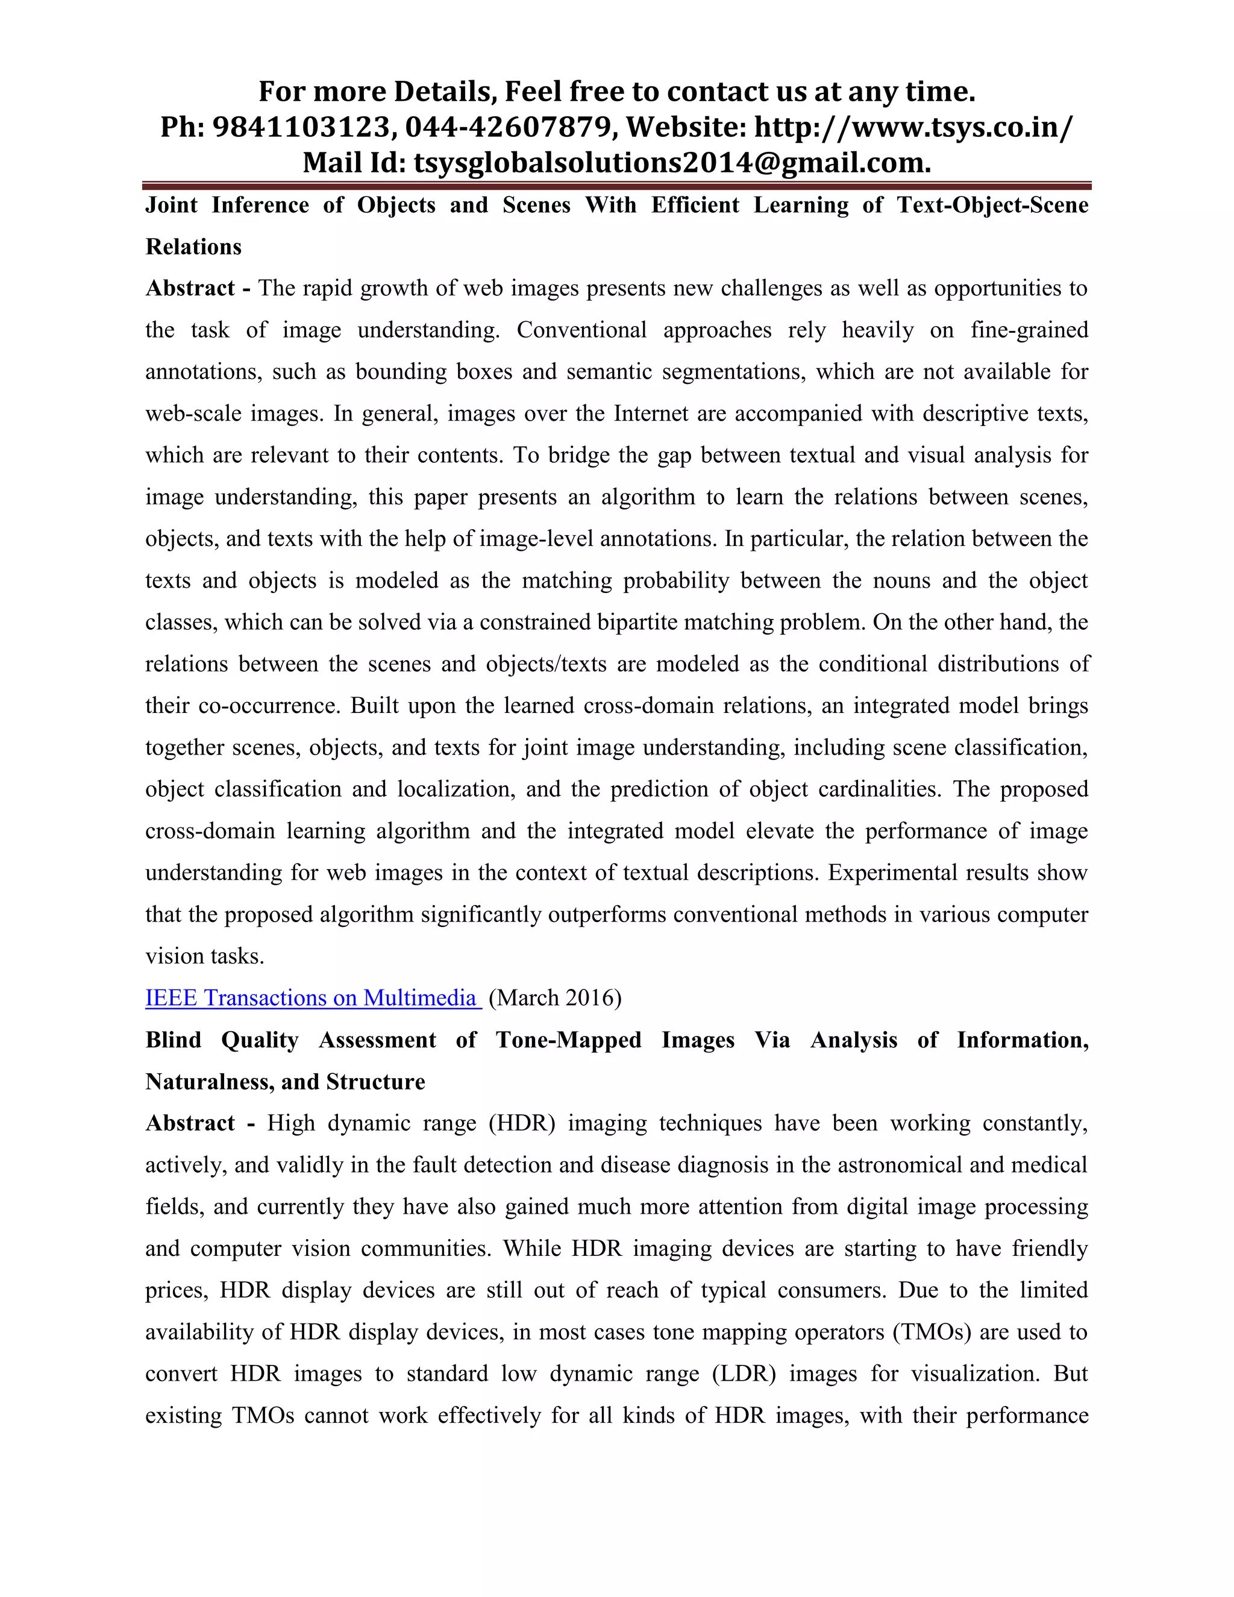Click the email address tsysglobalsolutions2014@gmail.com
click(x=672, y=162)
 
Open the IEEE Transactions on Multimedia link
click(x=313, y=998)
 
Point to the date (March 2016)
click(x=555, y=998)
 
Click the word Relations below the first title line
click(x=193, y=247)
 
